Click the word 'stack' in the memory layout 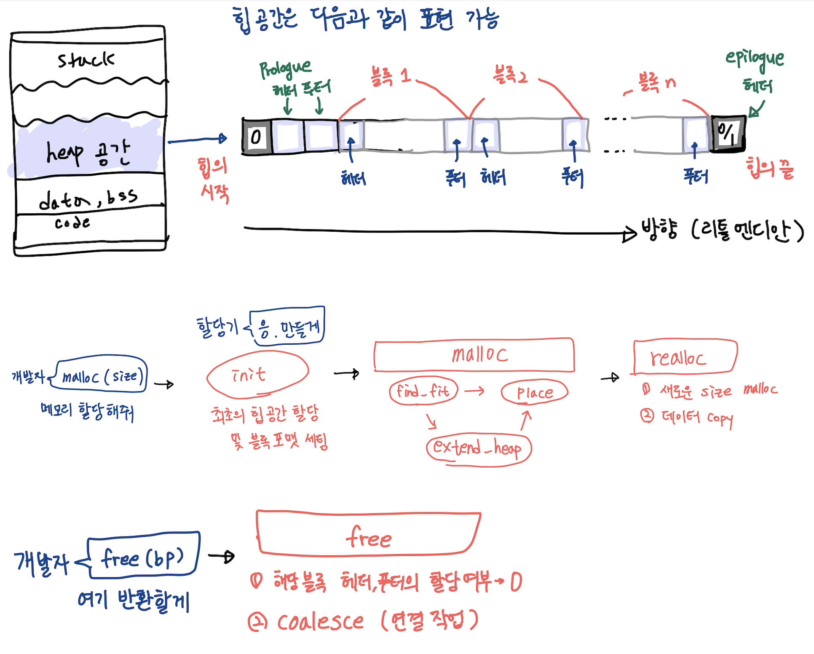point(86,60)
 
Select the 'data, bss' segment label point(88,198)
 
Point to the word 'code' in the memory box point(72,222)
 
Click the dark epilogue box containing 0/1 point(728,133)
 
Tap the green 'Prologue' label point(285,68)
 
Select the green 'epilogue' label point(755,59)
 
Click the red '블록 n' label point(656,83)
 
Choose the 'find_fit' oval point(423,391)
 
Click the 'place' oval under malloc point(534,392)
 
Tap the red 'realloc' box point(685,357)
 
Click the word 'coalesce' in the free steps point(320,621)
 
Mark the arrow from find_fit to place point(474,391)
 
